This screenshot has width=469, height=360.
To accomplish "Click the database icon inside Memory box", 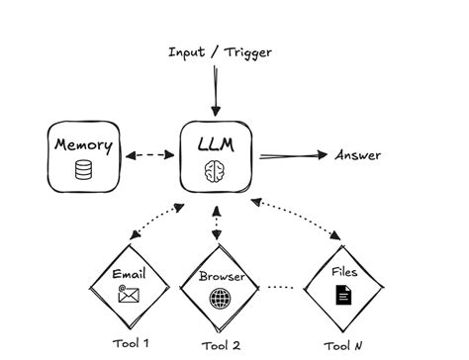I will click(83, 170).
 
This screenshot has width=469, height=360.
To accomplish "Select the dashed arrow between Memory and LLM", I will click(148, 156).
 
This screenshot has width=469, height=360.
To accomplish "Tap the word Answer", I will click(357, 155).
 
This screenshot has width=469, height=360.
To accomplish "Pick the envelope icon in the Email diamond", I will click(129, 294).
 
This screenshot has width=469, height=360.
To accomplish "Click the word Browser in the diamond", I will click(222, 277).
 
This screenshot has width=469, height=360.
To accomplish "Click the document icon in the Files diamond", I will click(341, 294).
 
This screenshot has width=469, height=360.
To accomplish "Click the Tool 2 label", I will click(221, 345).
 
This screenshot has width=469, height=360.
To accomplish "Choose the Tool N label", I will click(342, 345).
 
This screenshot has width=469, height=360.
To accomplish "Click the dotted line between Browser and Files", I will click(282, 289).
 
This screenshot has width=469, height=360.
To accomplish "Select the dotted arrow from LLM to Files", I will click(297, 222).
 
